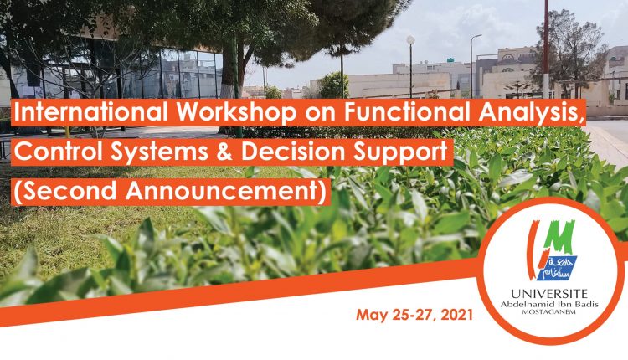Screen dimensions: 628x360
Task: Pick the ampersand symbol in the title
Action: pyautogui.click(x=225, y=152)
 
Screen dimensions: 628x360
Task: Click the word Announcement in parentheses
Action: pyautogui.click(x=226, y=191)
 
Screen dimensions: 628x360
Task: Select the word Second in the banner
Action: pyautogui.click(x=69, y=191)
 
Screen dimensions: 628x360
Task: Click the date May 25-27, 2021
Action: pyautogui.click(x=414, y=315)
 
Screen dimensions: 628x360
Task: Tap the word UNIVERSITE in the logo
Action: pyautogui.click(x=549, y=294)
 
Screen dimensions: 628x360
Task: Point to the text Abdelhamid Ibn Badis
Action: pyautogui.click(x=549, y=305)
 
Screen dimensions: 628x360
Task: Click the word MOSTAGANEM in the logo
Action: pyautogui.click(x=549, y=312)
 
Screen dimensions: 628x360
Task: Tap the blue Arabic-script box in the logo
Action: pyautogui.click(x=559, y=268)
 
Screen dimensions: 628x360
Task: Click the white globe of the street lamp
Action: pyautogui.click(x=411, y=39)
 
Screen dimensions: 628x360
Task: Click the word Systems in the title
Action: pyautogui.click(x=159, y=152)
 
